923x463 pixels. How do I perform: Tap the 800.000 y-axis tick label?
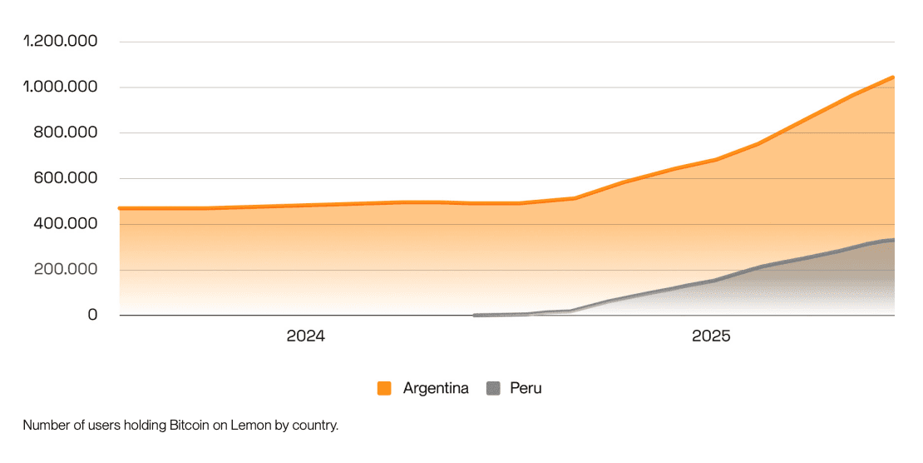point(67,133)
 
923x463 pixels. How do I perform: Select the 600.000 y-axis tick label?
point(67,178)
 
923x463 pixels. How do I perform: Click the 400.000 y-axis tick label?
point(67,224)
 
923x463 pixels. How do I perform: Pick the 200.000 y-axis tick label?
point(67,270)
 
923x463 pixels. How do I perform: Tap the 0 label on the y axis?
point(92,316)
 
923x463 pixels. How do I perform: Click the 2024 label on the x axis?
point(305,337)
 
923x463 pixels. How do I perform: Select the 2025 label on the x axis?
point(711,337)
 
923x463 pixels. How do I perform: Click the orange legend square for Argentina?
point(384,388)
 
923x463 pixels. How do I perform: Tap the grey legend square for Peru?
point(493,388)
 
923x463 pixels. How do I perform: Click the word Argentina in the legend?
point(436,388)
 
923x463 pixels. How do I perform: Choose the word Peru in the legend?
point(526,388)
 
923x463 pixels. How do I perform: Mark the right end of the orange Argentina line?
point(894,77)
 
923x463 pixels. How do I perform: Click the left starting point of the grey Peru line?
point(474,316)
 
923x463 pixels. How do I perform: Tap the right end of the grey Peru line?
point(894,240)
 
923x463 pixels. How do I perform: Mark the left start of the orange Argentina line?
point(121,208)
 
